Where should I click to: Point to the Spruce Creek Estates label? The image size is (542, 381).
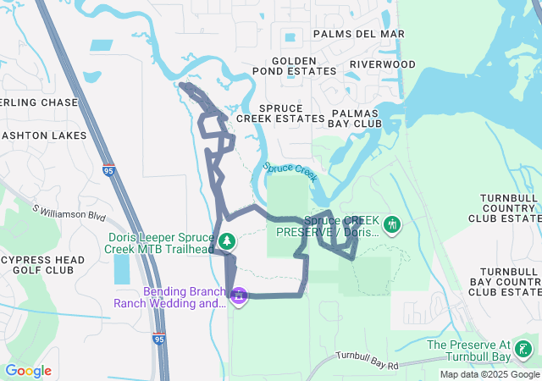[280, 113]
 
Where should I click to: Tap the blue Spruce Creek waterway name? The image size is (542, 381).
[290, 172]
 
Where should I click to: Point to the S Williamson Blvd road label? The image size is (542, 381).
[70, 212]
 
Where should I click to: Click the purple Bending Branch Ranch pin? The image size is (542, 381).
[239, 296]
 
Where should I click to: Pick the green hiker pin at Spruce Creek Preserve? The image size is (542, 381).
[391, 225]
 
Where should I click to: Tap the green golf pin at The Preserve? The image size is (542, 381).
[524, 349]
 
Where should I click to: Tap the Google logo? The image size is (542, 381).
[28, 371]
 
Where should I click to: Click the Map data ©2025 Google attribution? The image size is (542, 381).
[489, 374]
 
